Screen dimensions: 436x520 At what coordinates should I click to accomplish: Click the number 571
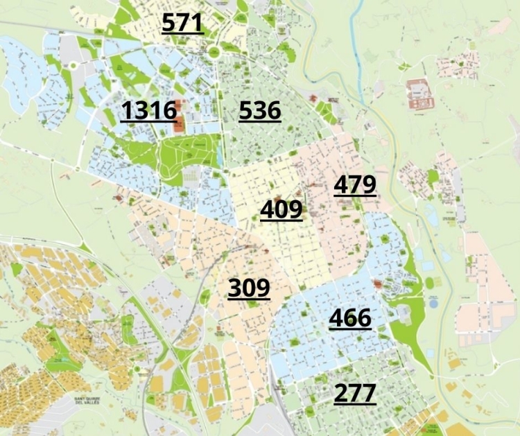182,23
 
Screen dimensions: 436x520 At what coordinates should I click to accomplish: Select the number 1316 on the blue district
148,110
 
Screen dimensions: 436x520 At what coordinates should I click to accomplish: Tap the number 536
260,110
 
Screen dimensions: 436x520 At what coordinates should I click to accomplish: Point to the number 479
355,185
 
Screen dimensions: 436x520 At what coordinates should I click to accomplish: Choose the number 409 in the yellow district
281,209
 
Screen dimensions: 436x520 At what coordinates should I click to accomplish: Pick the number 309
249,288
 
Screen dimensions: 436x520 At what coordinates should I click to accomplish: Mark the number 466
350,318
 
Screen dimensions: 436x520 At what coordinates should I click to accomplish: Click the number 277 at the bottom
355,393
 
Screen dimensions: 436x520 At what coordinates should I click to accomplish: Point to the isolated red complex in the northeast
420,94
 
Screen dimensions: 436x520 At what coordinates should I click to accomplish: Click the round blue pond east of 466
433,303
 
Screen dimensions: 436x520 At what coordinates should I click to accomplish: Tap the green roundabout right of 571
213,52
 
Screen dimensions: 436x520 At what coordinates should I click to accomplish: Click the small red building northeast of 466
378,284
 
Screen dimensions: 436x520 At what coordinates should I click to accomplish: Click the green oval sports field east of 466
429,282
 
